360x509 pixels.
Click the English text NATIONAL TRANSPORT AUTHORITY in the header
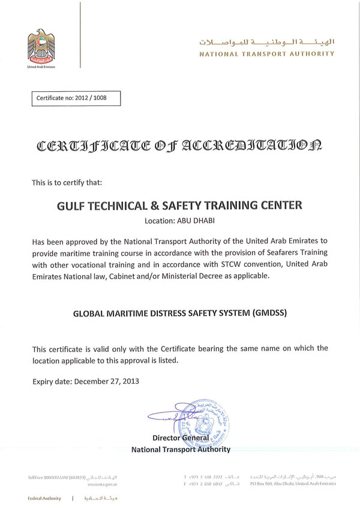[267, 53]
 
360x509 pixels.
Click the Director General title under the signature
[180, 438]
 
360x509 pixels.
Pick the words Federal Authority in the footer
[44, 498]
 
